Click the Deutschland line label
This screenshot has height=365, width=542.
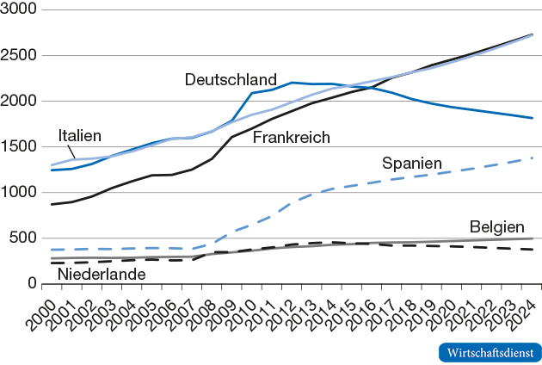click(231, 80)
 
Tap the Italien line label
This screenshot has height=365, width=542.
click(79, 135)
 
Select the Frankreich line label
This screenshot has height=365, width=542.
click(292, 138)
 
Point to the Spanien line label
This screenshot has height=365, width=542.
click(411, 163)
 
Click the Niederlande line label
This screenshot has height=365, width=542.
click(101, 274)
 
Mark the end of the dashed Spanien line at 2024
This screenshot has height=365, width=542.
click(533, 158)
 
